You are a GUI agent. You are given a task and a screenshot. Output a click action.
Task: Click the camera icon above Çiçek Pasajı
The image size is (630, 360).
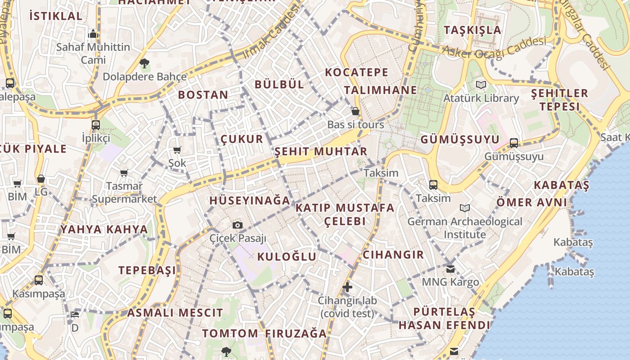pos(238,225)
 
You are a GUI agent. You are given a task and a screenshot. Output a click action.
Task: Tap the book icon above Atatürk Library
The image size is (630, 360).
pos(481,85)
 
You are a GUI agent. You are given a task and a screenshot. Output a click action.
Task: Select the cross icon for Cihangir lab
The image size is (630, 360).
pos(347,287)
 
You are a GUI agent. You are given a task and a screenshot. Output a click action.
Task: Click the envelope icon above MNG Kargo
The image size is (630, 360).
pos(450,269)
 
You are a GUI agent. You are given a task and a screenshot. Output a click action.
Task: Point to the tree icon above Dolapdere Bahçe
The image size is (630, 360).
pos(144,63)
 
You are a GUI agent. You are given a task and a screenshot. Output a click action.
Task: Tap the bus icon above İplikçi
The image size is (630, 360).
pos(96,125)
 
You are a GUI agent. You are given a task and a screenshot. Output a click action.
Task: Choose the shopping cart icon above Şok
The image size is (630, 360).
pos(177,150)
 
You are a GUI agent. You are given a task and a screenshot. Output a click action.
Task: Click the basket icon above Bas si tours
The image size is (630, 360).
pos(355,111)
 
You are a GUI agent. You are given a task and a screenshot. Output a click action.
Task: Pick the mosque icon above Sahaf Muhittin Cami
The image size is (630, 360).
pos(93,33)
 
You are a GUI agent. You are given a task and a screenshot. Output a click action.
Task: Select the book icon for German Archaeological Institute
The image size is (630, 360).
pos(465,208)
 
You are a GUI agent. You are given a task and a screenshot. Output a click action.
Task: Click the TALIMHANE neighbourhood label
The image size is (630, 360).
pos(381,90)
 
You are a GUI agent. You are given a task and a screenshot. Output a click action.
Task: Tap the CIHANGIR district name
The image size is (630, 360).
pos(393,255)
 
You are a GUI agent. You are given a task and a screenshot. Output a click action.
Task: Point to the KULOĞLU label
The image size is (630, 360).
pos(287,257)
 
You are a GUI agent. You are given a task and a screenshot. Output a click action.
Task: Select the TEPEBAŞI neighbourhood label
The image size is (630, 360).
pos(147,270)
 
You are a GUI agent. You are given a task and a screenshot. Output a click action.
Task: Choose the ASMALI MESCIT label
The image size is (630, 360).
pos(175,313)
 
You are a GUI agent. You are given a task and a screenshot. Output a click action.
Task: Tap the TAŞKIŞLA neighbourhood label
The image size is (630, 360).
pos(472,30)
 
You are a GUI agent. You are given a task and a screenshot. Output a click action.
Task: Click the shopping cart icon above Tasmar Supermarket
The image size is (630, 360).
pos(124,173)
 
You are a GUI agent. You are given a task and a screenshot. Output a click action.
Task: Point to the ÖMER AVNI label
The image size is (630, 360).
pos(531,202)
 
